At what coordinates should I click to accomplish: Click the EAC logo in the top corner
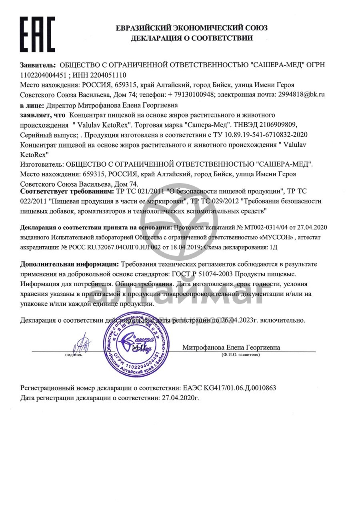tap(37, 34)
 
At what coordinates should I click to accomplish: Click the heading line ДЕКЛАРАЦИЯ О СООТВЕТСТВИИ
tap(192, 38)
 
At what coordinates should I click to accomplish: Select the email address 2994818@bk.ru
tap(300, 95)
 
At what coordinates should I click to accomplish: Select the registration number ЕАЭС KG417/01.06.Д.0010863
tap(229, 388)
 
